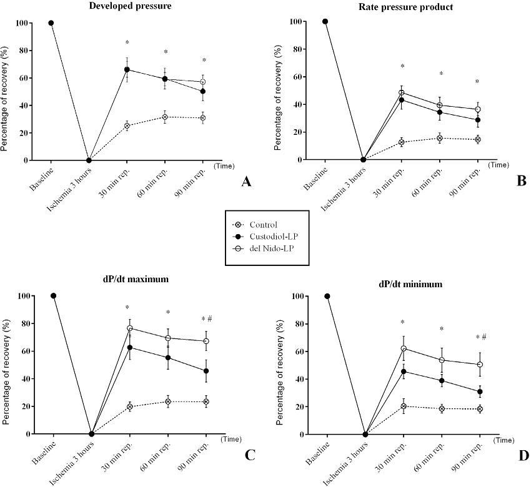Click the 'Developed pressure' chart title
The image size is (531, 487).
point(126,6)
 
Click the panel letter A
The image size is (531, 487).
point(246,182)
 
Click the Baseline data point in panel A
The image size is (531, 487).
point(51,23)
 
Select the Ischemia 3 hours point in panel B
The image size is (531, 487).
point(364,160)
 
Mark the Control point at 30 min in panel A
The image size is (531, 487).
point(127,126)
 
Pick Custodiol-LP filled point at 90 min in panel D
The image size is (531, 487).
point(480,392)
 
